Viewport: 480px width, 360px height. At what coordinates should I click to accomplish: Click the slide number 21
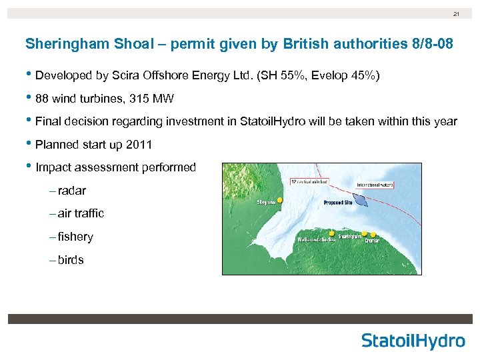[x=457, y=14]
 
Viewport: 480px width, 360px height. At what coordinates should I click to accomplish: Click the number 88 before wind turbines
[x=43, y=99]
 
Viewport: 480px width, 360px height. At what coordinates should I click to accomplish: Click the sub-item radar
[x=72, y=191]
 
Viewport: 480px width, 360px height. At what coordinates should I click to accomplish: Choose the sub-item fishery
[x=75, y=237]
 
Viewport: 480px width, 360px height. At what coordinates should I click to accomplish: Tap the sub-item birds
[x=71, y=261]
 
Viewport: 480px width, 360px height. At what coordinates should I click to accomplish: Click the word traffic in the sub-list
[x=89, y=214]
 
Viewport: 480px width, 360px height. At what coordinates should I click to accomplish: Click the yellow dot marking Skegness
[x=280, y=200]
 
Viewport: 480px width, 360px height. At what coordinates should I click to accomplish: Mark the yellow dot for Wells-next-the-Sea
[x=331, y=233]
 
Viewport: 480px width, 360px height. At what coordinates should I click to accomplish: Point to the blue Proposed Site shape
[x=359, y=198]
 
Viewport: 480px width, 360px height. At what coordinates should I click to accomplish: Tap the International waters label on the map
[x=375, y=184]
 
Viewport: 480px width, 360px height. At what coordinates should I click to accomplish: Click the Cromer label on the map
[x=372, y=241]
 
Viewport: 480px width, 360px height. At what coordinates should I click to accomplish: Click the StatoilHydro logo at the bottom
[x=413, y=341]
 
